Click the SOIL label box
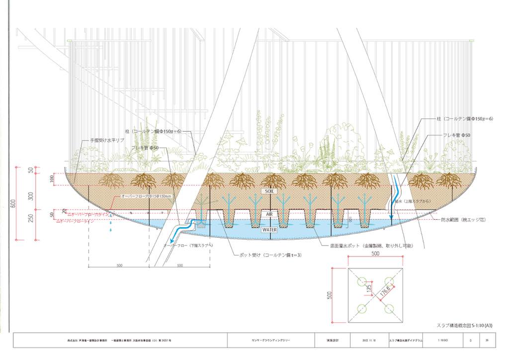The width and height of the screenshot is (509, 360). [269, 191]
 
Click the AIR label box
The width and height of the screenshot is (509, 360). [269, 214]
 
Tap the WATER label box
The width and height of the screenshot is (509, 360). [269, 230]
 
